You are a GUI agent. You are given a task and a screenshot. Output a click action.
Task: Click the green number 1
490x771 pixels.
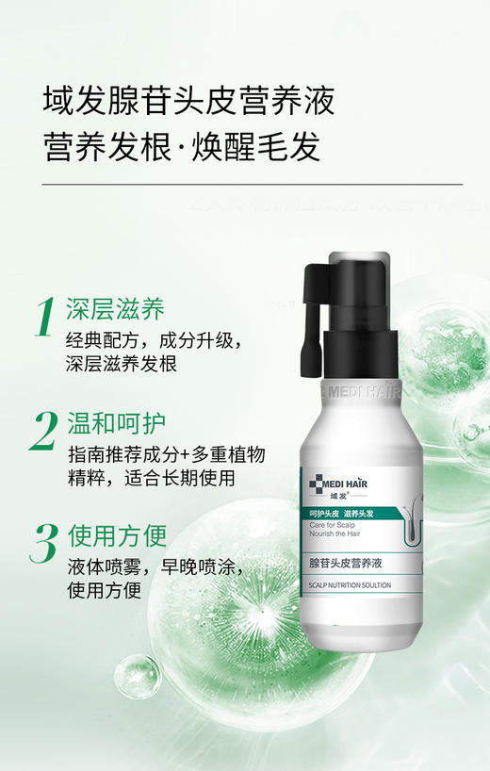[44, 318]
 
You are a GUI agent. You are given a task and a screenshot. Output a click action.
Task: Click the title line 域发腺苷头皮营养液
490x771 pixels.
[189, 99]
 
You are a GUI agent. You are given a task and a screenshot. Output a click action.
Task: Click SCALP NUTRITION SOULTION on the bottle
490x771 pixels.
[350, 585]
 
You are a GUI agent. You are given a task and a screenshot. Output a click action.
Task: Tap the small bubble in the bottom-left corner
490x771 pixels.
[136, 676]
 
